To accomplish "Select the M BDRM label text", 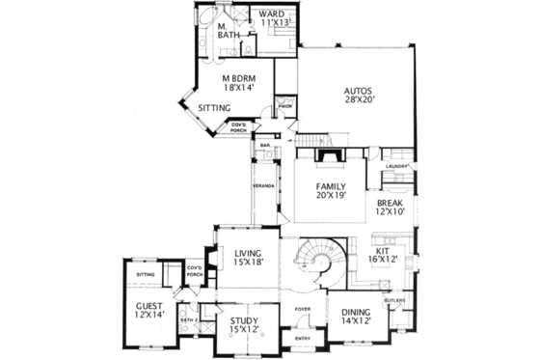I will point(239,78).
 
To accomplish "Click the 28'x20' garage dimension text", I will point(358,105).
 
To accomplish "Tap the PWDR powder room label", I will point(285,104).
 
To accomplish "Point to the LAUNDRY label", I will point(397,166).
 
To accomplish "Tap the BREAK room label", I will point(391,203).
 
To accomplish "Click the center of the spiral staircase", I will point(321,261).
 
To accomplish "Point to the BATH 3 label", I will point(189,319).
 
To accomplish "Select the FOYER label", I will point(302,309).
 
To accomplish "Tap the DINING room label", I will point(359,312).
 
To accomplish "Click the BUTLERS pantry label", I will point(395,300).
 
